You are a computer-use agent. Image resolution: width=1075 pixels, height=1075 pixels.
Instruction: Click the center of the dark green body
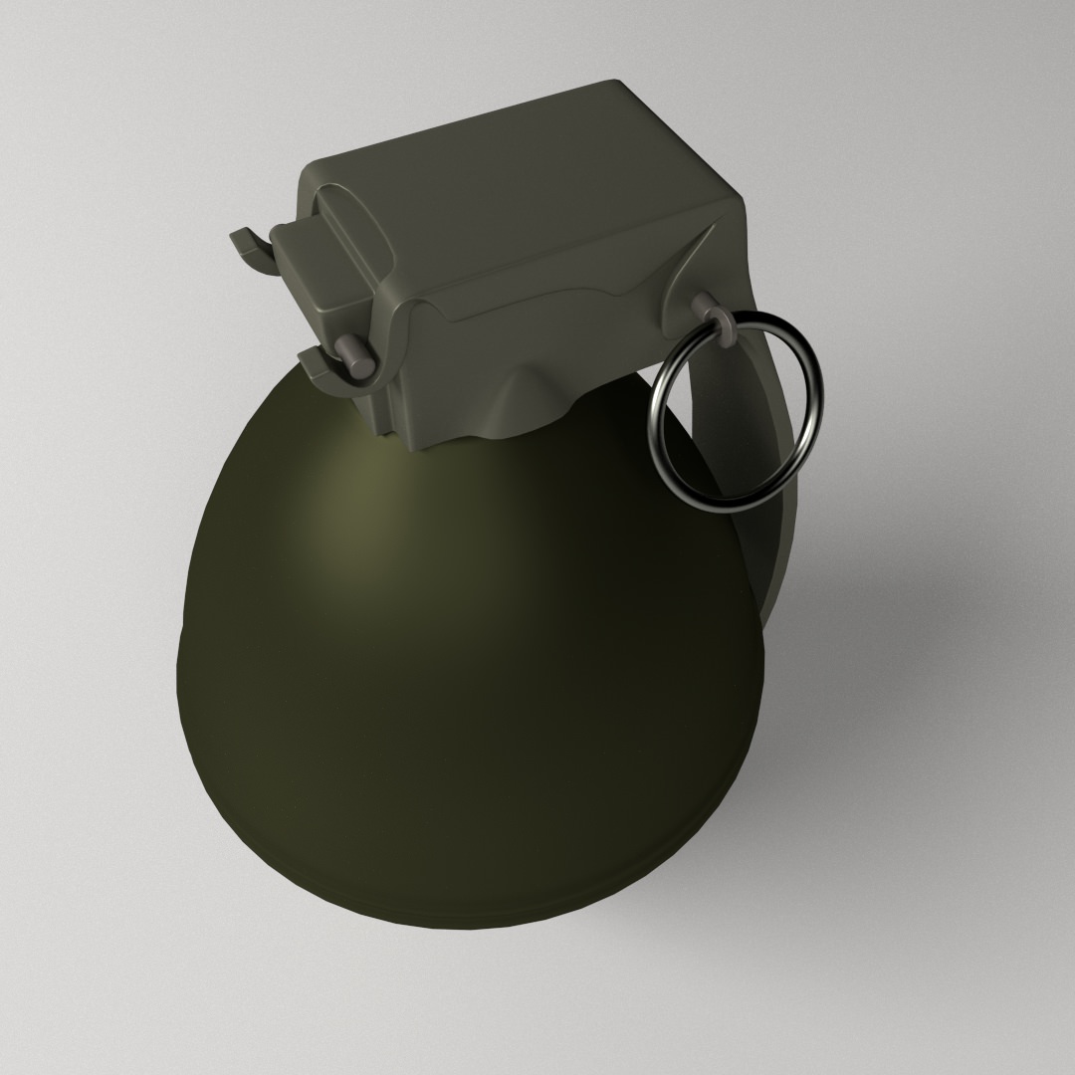coord(468,677)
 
